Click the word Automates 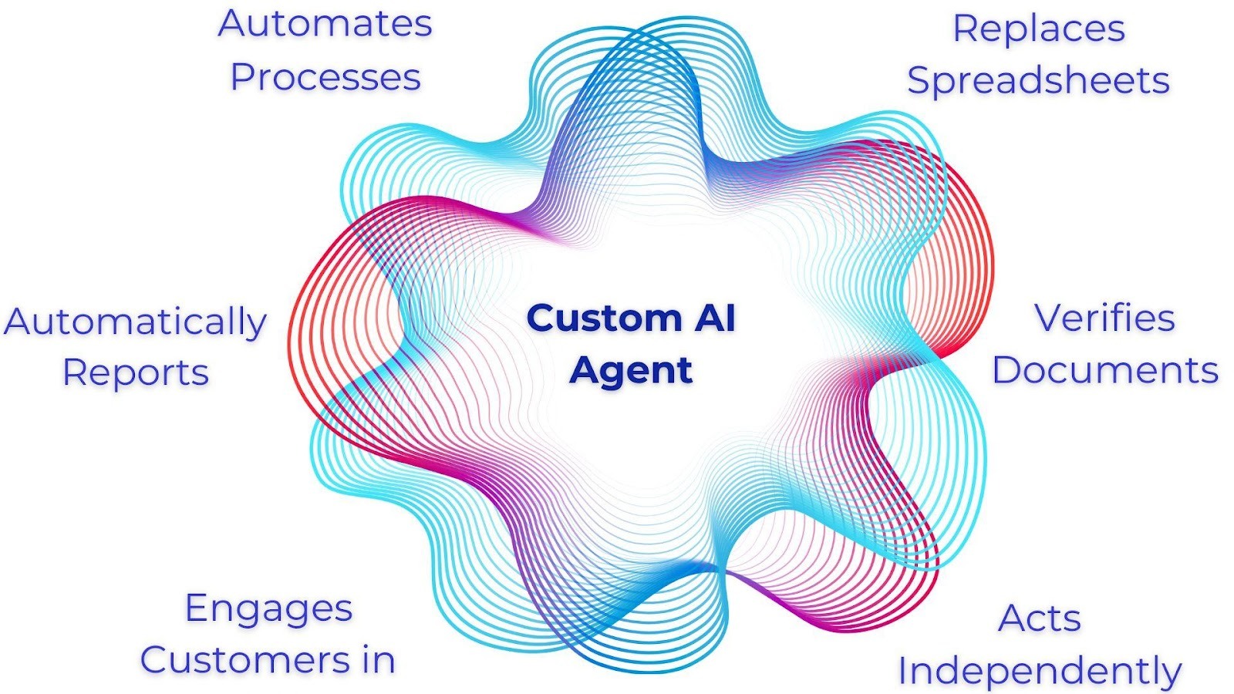(x=325, y=24)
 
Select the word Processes (x=325, y=77)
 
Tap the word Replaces (x=1039, y=29)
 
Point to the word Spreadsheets (x=1038, y=81)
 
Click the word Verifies (x=1104, y=318)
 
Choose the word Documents (x=1104, y=370)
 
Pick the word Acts (x=1040, y=618)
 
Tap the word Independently (x=1040, y=672)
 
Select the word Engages (x=269, y=609)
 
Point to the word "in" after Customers (x=379, y=660)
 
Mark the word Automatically (x=135, y=322)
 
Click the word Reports (x=136, y=373)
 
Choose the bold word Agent (x=631, y=371)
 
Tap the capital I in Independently (x=903, y=671)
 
